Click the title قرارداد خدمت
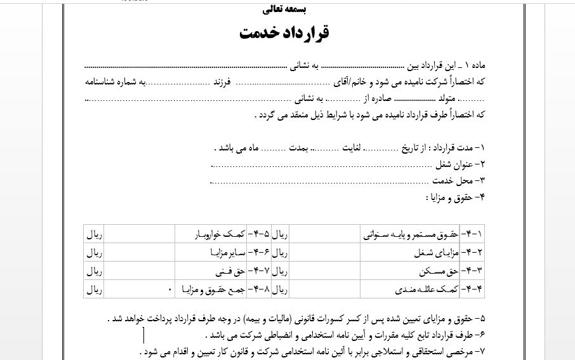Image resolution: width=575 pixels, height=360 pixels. click(284, 34)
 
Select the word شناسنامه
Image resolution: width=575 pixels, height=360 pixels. click(103, 82)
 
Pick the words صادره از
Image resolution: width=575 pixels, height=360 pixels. click(380, 98)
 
